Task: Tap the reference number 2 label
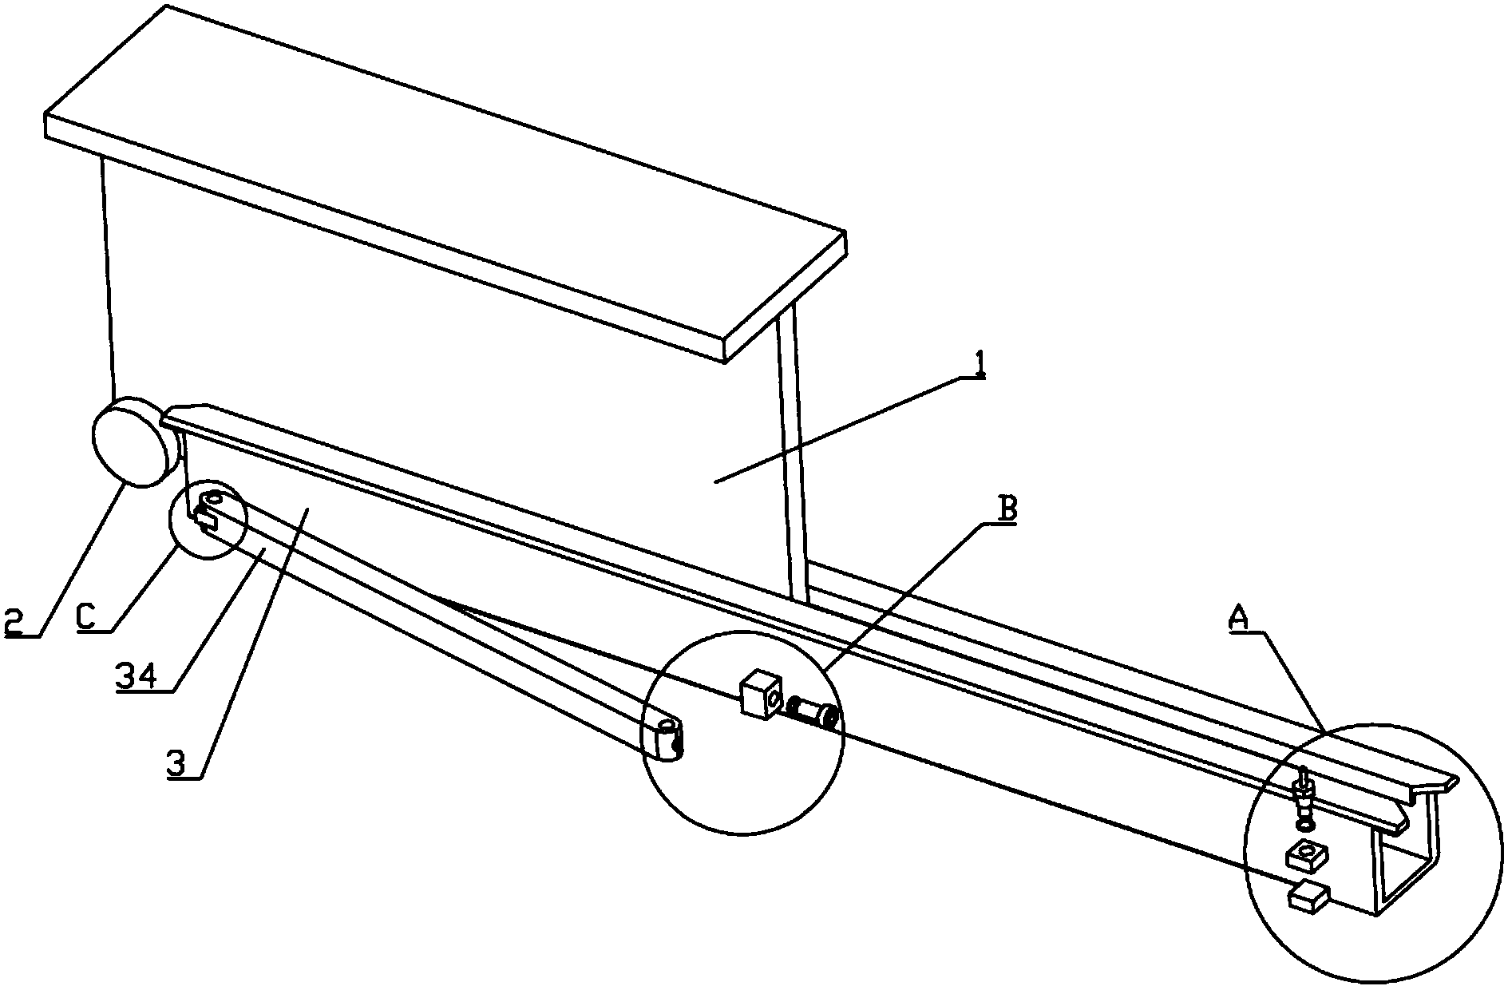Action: (x=15, y=621)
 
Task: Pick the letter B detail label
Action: (x=1008, y=509)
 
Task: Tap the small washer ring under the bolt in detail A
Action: (x=1305, y=823)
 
